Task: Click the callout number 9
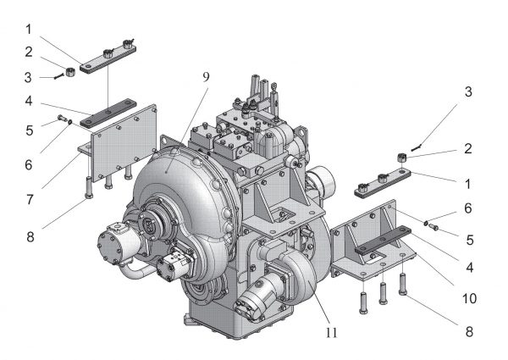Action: point(206,77)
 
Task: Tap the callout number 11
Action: point(331,332)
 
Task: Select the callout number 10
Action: point(469,298)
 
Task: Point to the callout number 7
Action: point(30,200)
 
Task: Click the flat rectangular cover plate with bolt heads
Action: point(124,142)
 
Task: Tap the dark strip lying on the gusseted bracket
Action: point(384,240)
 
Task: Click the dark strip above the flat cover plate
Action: point(108,114)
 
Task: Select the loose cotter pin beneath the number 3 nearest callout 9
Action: point(59,76)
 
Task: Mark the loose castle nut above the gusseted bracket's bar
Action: point(401,158)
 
